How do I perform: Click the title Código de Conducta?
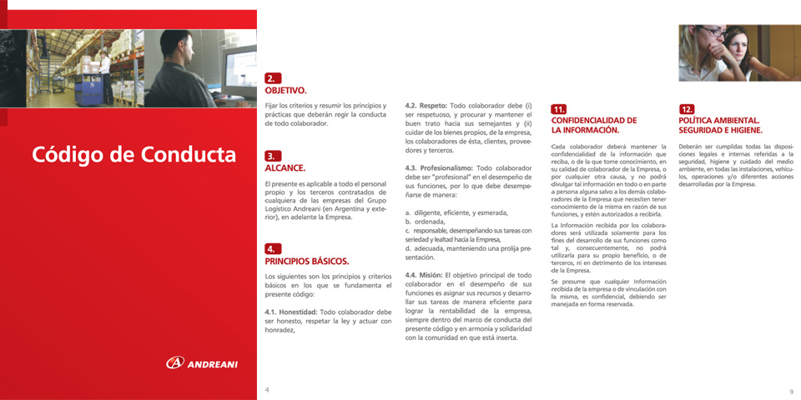[133, 155]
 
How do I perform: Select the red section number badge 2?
[272, 77]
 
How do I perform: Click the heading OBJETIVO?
[285, 89]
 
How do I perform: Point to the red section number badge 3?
[272, 156]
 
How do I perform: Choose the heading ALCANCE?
[285, 167]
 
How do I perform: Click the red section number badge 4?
[272, 248]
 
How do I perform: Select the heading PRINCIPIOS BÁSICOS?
[306, 261]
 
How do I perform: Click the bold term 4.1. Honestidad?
[291, 312]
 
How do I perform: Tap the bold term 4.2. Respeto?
[426, 107]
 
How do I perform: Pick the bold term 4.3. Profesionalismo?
[438, 168]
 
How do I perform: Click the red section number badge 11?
[559, 109]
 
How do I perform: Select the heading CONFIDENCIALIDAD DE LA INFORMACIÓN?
[593, 125]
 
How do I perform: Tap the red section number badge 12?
[687, 109]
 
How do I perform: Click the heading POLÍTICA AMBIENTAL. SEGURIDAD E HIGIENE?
[720, 125]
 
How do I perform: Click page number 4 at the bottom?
[267, 389]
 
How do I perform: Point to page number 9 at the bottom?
[790, 391]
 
